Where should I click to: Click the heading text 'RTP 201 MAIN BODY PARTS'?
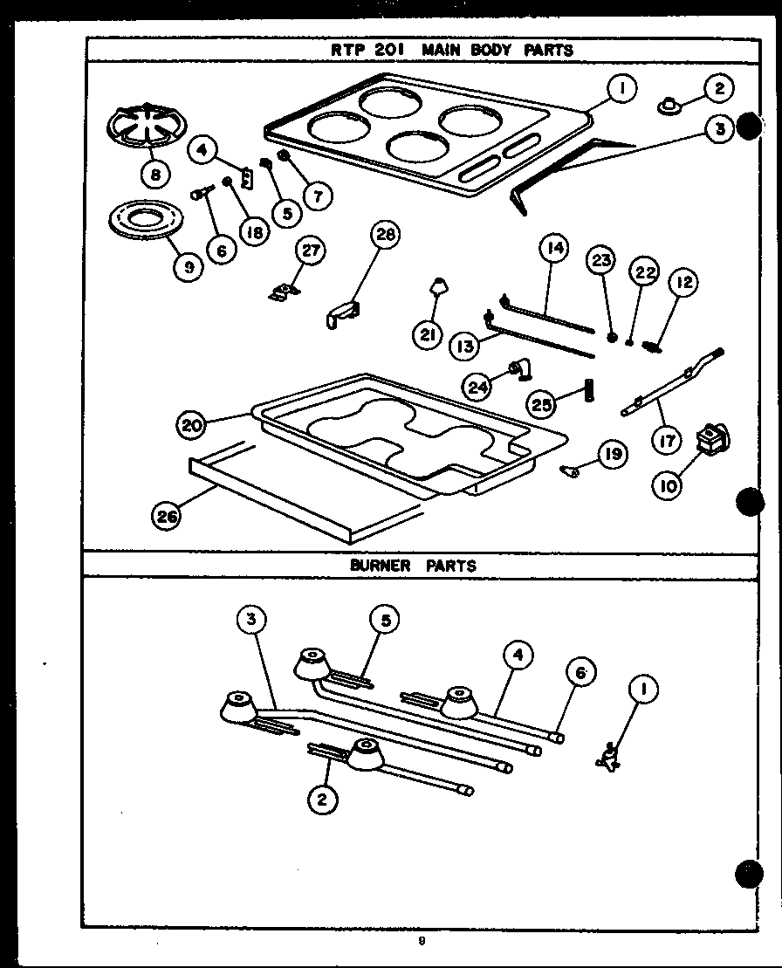451,50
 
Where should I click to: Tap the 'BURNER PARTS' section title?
413,565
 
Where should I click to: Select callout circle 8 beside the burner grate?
155,175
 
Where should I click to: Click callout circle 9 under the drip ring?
188,267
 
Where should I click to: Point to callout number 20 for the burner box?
192,425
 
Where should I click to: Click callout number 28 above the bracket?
385,235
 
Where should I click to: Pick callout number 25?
542,405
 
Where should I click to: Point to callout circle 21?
427,335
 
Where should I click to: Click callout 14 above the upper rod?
552,249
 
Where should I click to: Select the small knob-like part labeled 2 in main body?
669,106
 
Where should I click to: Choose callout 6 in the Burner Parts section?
581,672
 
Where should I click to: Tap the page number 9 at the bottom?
421,941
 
